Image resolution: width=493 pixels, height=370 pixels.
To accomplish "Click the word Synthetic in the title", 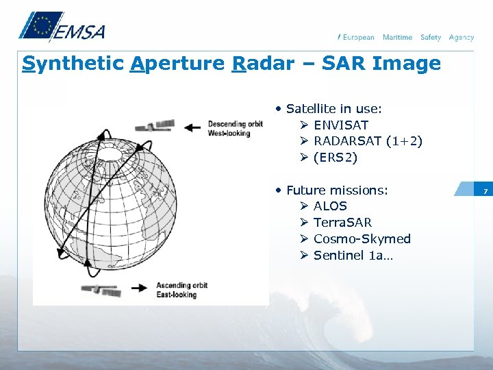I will point(72,64).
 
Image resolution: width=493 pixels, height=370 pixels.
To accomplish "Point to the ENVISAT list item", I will point(340,125).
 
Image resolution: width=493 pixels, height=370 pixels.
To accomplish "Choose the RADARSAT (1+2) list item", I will point(368,141).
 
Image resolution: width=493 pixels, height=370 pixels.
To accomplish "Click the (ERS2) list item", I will point(336,158).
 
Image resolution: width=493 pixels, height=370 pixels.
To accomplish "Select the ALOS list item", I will point(330,206).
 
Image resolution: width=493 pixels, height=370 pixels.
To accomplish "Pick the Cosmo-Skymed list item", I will point(362,238).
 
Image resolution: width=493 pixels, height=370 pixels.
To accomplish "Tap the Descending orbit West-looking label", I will point(235,128).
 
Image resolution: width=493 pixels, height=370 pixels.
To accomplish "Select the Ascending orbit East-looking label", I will point(181,290).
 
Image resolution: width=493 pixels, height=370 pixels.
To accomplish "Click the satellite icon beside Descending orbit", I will point(155,126).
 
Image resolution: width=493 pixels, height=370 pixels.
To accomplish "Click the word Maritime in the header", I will point(397,37).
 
